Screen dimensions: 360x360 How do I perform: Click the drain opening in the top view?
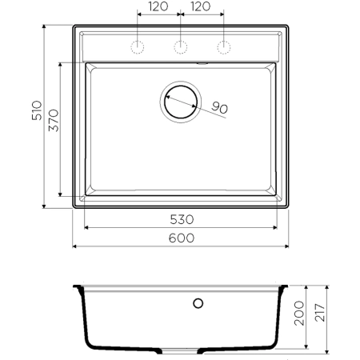[181, 102]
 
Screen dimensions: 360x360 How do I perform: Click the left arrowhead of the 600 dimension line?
[76, 246]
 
